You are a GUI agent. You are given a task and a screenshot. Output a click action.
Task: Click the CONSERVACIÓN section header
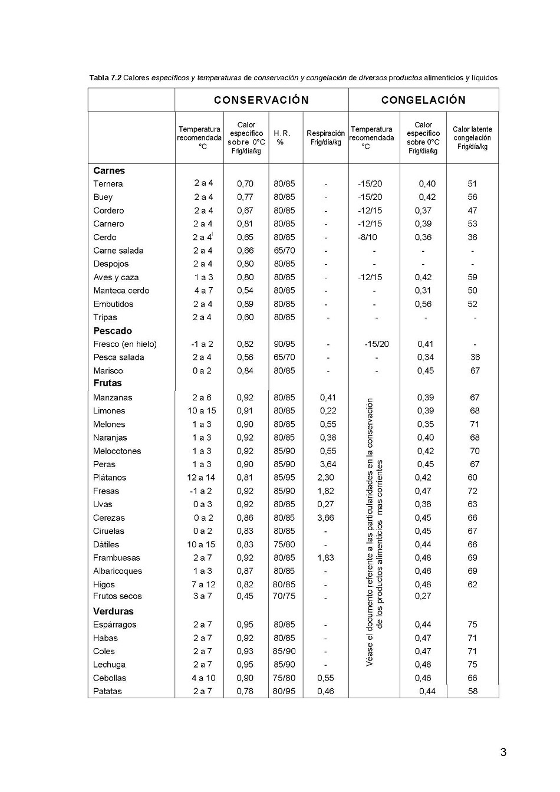(x=261, y=100)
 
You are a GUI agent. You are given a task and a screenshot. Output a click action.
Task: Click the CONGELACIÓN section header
(x=423, y=100)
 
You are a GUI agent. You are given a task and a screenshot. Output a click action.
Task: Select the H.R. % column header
(x=282, y=138)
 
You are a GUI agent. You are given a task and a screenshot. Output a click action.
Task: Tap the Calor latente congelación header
(x=472, y=138)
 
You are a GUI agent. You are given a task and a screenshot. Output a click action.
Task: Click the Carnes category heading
(x=109, y=171)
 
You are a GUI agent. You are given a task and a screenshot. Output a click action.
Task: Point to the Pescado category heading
(x=113, y=331)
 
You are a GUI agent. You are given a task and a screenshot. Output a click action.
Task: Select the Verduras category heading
(x=113, y=612)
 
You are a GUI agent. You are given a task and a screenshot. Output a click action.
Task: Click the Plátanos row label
(x=110, y=478)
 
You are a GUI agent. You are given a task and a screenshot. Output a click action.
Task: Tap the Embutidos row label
(x=113, y=304)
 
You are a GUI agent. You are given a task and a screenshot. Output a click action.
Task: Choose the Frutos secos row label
(x=117, y=596)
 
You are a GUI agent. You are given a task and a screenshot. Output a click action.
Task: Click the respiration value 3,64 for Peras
(x=327, y=464)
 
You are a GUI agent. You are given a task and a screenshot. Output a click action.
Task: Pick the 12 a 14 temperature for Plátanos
(x=201, y=478)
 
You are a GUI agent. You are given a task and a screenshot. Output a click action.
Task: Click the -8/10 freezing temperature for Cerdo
(x=367, y=237)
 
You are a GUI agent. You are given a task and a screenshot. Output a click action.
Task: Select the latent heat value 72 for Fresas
(x=472, y=491)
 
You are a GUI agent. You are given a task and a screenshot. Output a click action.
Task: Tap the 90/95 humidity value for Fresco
(x=284, y=344)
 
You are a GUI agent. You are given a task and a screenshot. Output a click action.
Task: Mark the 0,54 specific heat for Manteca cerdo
(x=245, y=291)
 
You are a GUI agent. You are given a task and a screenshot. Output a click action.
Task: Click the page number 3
(x=503, y=752)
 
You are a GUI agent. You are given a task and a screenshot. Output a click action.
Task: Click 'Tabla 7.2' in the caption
(x=106, y=78)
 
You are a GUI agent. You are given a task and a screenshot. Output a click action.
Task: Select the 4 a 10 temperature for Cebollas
(x=203, y=678)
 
